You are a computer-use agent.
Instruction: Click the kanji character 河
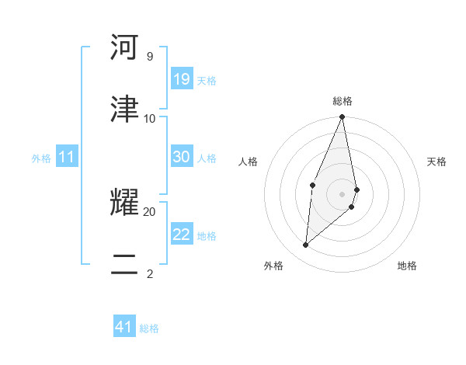[124, 47]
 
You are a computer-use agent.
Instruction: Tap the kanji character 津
[124, 109]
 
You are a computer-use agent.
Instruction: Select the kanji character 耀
[124, 203]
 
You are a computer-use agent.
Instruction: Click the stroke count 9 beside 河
[149, 57]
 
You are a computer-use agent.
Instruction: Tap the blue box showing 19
[182, 79]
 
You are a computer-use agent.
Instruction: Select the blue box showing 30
[182, 157]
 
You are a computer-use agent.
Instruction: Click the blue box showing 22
[182, 235]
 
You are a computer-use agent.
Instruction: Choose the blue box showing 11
[67, 158]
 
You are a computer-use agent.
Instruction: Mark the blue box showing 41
[124, 327]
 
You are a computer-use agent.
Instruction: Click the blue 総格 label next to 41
[149, 328]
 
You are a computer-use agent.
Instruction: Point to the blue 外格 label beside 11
[41, 158]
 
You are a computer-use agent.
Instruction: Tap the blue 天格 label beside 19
[207, 81]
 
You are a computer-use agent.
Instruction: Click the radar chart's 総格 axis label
[343, 101]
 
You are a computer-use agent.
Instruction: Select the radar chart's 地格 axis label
[407, 266]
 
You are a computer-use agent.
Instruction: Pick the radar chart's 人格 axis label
[248, 162]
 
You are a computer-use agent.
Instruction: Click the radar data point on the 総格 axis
[343, 117]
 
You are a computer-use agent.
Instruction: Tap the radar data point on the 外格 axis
[306, 245]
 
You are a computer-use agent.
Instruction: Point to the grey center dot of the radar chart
[343, 193]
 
